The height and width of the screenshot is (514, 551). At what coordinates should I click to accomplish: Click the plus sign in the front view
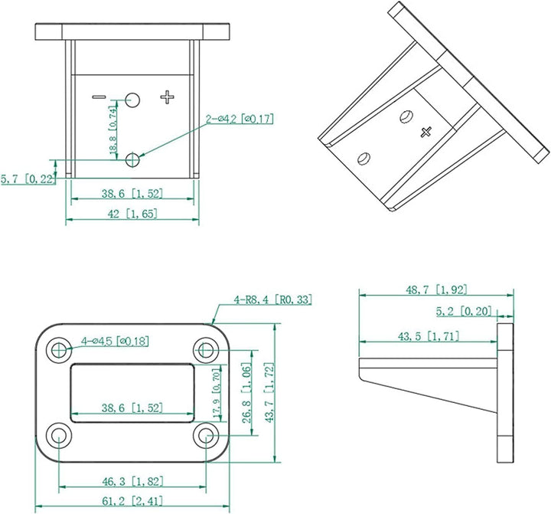168,97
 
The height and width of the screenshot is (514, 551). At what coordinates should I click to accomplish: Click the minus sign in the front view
99,97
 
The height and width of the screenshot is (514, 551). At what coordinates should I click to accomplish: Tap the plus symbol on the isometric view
427,132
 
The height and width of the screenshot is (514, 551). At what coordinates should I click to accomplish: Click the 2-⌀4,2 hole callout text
239,119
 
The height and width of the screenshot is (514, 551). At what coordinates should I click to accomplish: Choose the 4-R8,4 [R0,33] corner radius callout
273,300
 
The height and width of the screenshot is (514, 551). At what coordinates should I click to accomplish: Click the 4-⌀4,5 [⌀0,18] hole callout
116,340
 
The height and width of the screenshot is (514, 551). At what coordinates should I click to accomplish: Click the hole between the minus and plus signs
133,99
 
